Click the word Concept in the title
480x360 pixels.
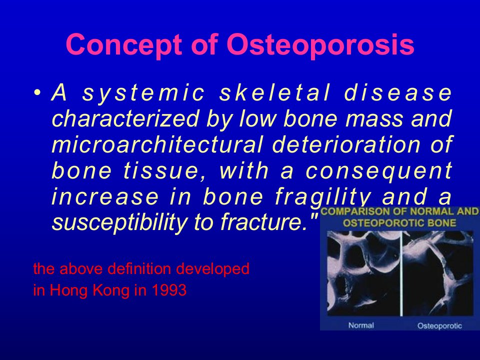tap(124, 44)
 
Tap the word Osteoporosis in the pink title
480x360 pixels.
tap(320, 44)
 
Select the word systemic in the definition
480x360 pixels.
tap(143, 93)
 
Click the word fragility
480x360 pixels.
tap(323, 197)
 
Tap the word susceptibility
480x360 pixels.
tap(119, 222)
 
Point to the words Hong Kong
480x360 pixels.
tap(89, 290)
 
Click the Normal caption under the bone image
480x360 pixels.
tap(361, 325)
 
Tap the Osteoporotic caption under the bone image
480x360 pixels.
tap(439, 325)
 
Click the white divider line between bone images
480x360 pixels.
tap(401, 273)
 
